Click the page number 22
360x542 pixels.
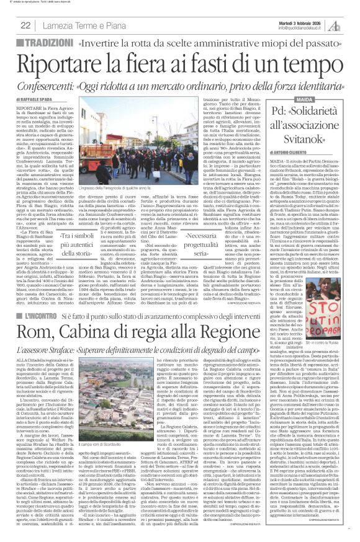(25, 25)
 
